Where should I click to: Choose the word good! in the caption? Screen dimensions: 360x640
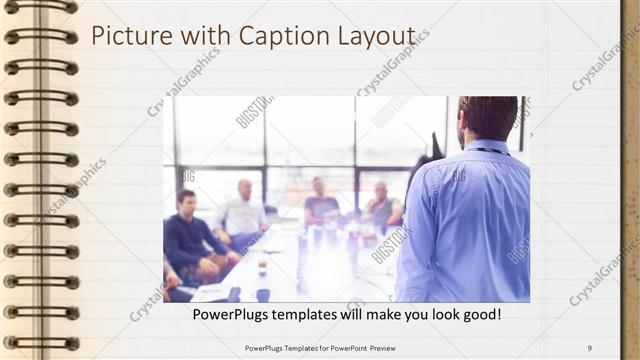(479, 315)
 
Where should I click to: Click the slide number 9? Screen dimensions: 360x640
(589, 347)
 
